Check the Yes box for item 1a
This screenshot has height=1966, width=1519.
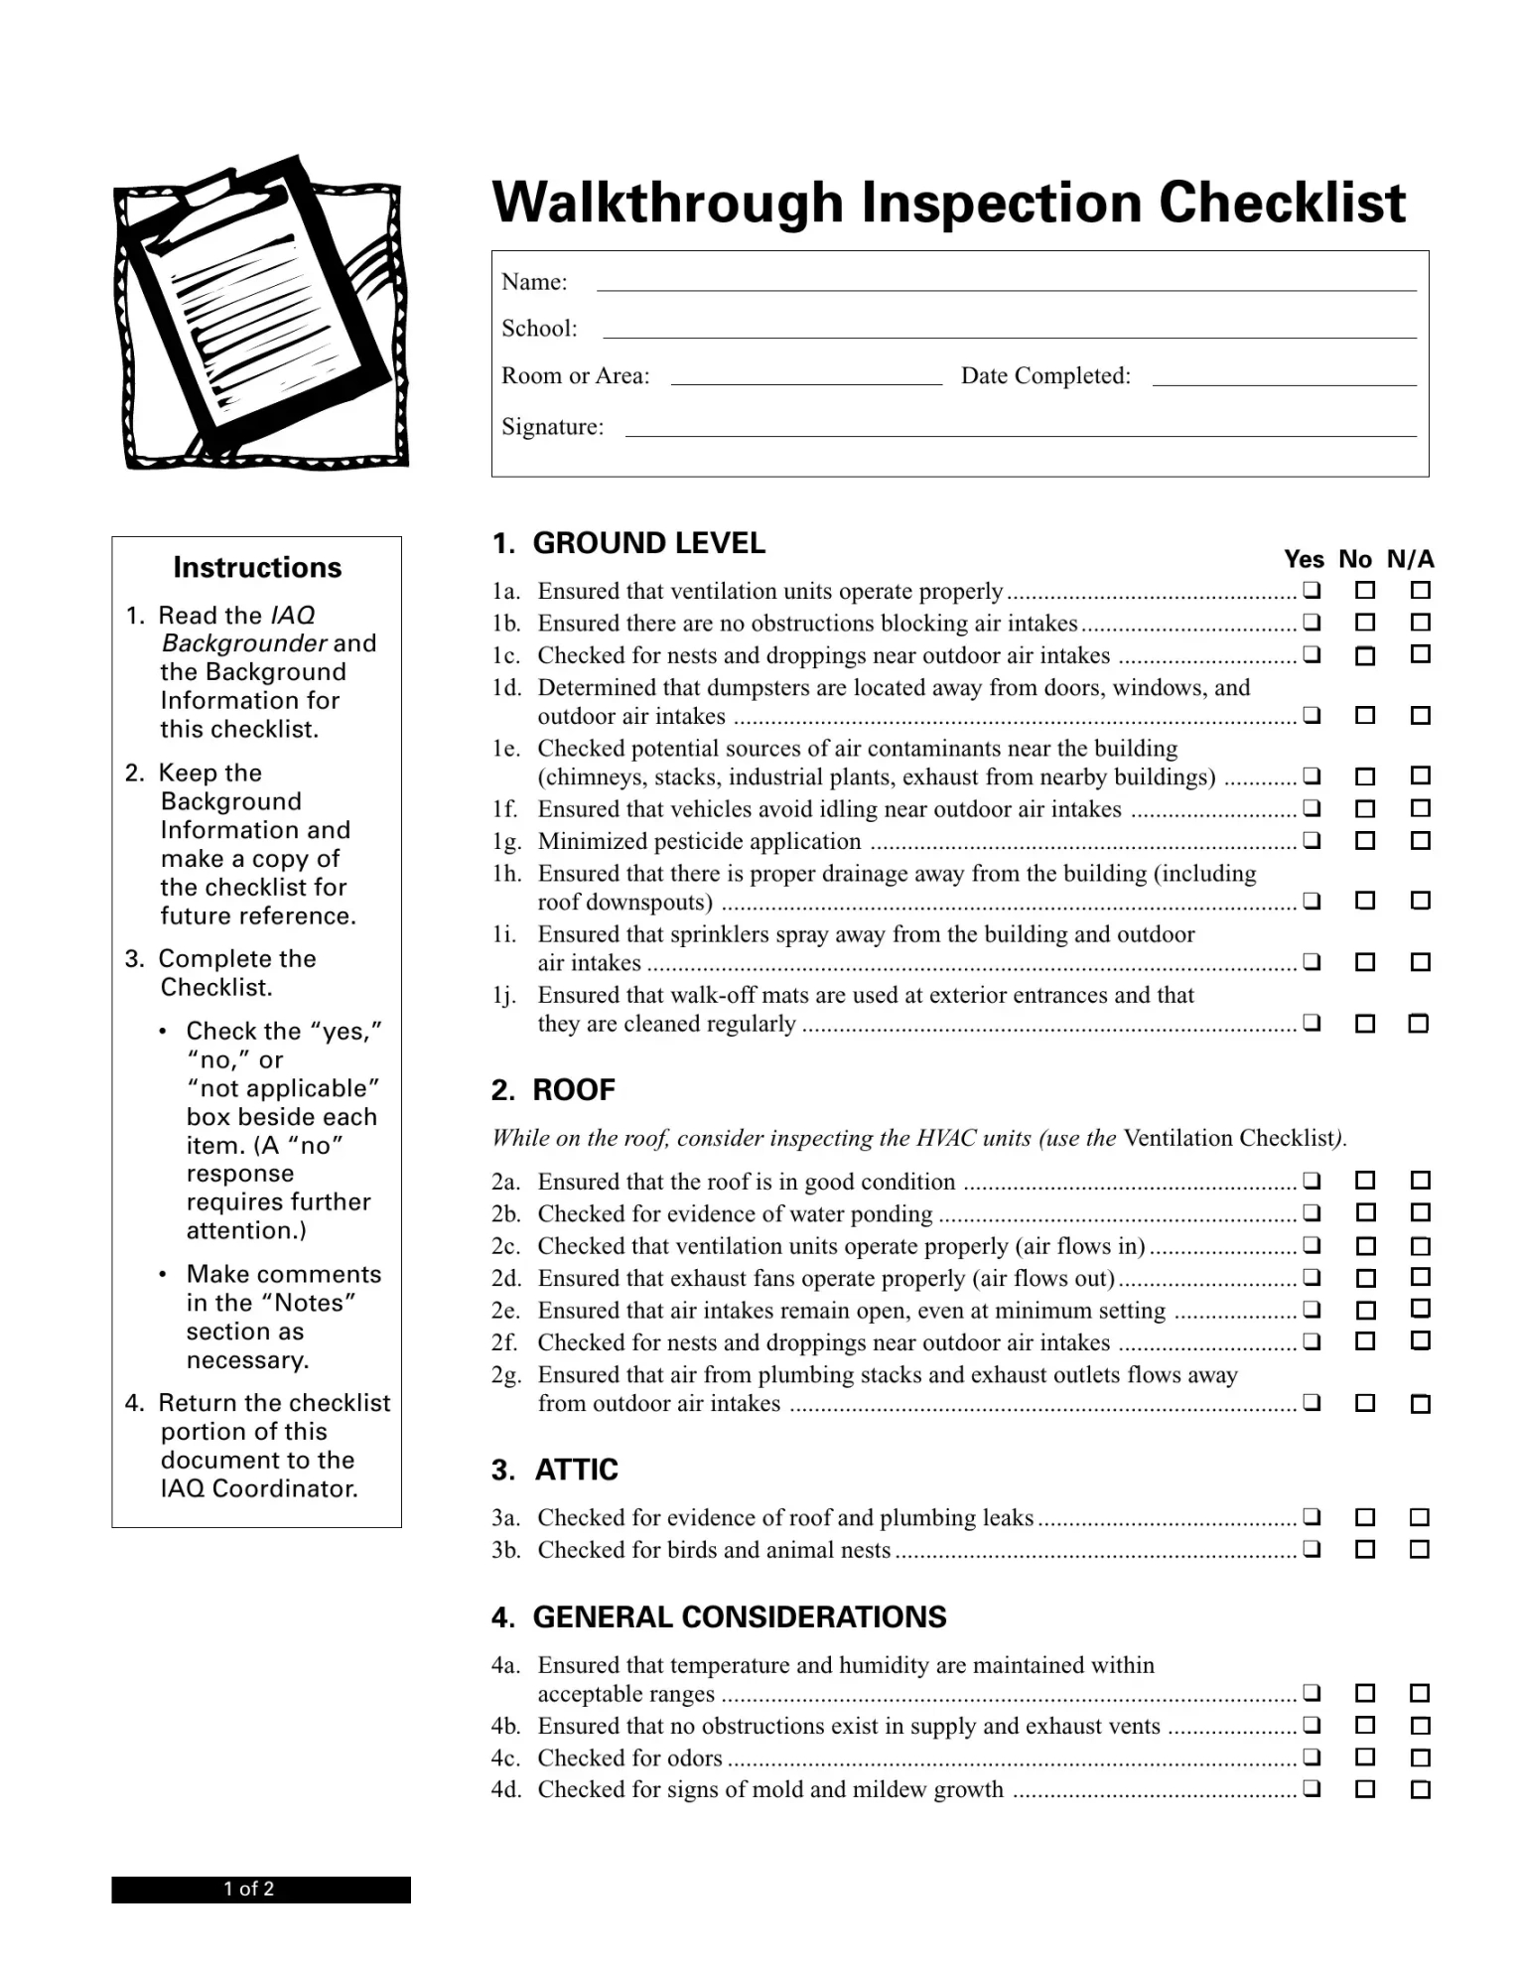pos(1311,591)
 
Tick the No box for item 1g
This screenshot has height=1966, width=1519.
pos(1365,841)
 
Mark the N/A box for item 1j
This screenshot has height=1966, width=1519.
pos(1419,1023)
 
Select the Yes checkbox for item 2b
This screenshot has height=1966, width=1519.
pos(1311,1212)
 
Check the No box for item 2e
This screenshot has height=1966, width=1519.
pos(1365,1310)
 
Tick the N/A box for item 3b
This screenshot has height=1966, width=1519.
pos(1420,1549)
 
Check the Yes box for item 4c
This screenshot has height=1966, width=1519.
pos(1311,1757)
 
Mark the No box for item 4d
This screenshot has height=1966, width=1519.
pos(1365,1789)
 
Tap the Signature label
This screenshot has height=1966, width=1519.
pos(552,427)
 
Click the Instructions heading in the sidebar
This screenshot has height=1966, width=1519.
pos(257,567)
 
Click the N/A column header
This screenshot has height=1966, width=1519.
pos(1410,559)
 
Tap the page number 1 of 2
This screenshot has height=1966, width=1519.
pos(249,1889)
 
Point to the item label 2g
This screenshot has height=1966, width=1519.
pos(505,1375)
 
